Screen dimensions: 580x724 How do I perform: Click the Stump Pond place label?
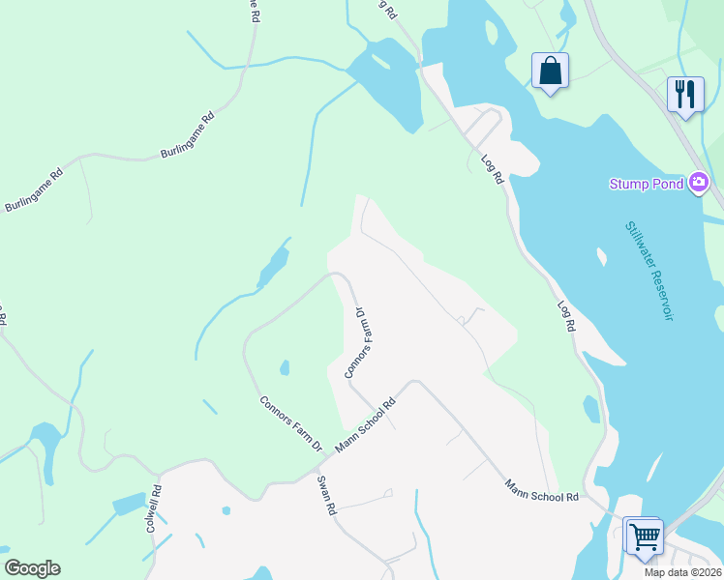click(647, 184)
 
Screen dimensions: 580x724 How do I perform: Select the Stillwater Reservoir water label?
click(648, 271)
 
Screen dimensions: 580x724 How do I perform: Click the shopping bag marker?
click(550, 72)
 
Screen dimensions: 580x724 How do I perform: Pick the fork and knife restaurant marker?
click(684, 95)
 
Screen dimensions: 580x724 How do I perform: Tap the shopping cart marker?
click(644, 535)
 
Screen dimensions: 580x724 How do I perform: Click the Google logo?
click(32, 568)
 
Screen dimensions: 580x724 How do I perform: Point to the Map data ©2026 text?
click(682, 572)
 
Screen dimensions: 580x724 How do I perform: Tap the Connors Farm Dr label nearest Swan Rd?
click(290, 423)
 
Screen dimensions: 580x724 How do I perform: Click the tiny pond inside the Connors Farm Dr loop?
click(285, 367)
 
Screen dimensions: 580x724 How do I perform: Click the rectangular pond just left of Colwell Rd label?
click(128, 505)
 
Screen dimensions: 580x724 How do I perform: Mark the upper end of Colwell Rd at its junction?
click(159, 474)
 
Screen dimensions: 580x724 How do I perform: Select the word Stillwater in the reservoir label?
click(638, 247)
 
